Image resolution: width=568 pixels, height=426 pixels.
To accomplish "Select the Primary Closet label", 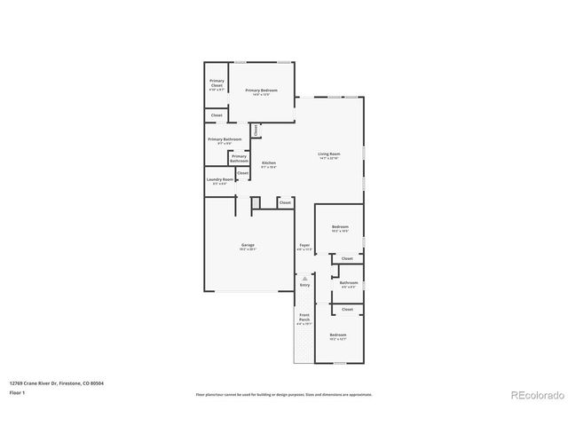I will tap(217, 85).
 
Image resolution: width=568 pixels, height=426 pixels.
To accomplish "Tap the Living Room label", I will tap(329, 155).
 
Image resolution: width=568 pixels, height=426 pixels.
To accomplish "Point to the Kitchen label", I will tap(268, 164).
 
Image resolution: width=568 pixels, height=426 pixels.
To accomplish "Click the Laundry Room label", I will tap(219, 181).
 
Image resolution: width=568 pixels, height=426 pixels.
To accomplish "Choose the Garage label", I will tap(248, 247).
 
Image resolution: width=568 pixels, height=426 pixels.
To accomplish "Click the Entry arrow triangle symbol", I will tap(304, 278).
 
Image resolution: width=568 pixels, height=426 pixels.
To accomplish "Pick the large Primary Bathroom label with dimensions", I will tap(225, 140).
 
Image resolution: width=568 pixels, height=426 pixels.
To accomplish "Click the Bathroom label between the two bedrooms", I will tap(347, 284).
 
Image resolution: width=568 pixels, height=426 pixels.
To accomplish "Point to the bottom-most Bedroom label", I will tap(338, 336).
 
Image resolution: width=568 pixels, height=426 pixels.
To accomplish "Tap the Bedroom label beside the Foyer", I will tap(340, 228).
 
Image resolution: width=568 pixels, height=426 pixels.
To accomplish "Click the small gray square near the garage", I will tap(255, 203).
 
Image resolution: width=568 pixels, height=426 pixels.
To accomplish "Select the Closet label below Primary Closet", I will tap(217, 115).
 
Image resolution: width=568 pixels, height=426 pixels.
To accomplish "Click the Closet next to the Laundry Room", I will tap(242, 173).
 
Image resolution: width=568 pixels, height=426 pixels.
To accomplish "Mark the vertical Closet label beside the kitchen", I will tap(256, 130).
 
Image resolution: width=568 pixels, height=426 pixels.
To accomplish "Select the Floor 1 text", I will tap(18, 392).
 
